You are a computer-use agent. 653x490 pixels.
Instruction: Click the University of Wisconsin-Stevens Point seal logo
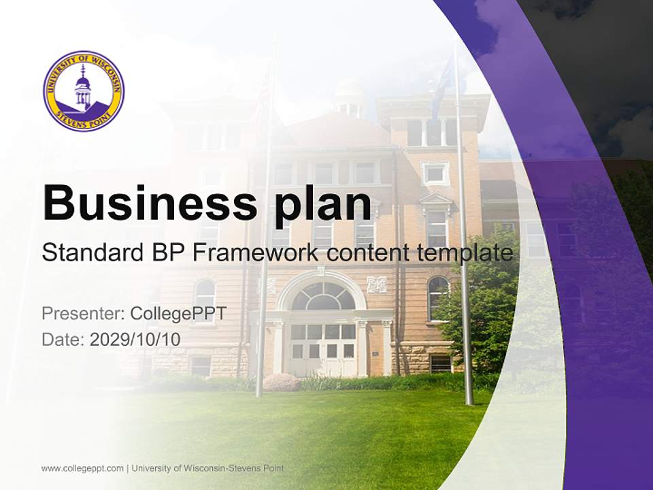point(84,91)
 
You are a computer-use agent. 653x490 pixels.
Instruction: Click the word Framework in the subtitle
point(256,254)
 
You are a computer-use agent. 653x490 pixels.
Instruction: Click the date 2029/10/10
point(135,339)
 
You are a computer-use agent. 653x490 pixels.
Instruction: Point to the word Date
point(63,339)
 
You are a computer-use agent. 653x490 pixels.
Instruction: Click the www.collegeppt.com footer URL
point(82,468)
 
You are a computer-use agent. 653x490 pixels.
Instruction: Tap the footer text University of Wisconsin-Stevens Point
point(207,468)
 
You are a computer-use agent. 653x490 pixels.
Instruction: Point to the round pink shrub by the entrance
point(282,382)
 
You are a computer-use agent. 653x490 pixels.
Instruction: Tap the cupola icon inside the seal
point(83,88)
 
